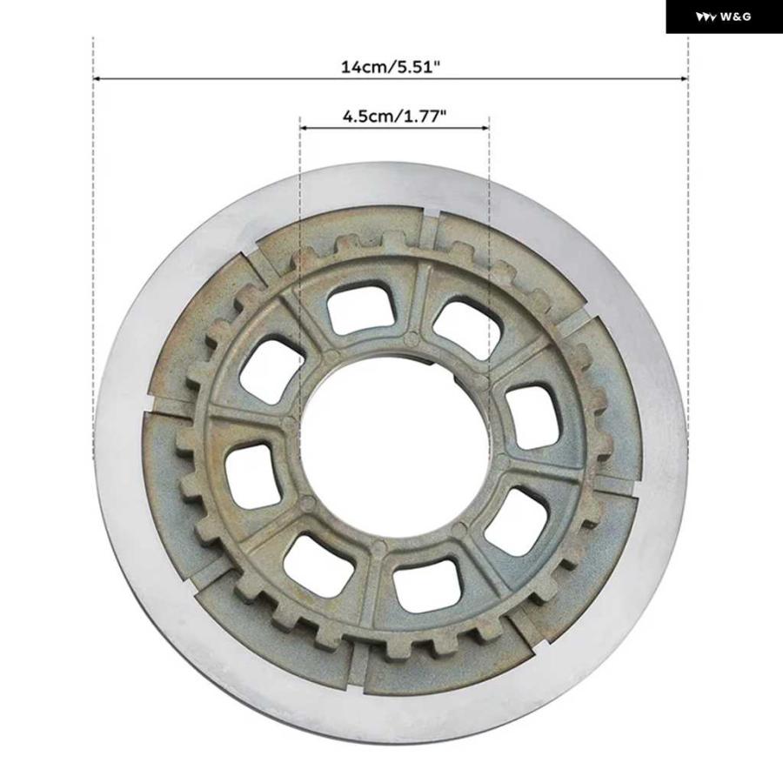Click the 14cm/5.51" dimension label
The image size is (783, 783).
[391, 66]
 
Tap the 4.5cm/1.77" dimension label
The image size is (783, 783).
[394, 116]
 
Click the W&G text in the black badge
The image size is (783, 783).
[735, 17]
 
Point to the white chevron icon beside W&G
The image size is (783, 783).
[706, 17]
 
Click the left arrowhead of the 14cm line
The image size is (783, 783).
[97, 78]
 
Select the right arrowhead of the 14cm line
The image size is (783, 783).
[685, 78]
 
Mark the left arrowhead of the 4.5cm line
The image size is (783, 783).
[303, 128]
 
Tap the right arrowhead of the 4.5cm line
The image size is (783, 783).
[485, 128]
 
